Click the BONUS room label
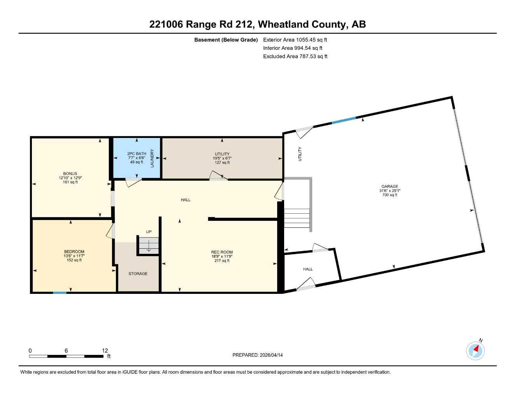tap(70, 174)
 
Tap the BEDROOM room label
tap(74, 252)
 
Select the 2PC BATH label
tap(136, 154)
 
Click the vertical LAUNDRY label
tap(152, 158)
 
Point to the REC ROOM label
tap(222, 252)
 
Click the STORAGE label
tap(138, 274)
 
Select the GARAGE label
tap(389, 187)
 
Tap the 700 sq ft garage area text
tap(389, 195)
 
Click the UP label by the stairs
tap(148, 232)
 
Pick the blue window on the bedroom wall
tap(59, 292)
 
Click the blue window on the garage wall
tap(344, 120)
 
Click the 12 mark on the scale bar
tap(105, 351)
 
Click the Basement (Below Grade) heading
tap(226, 40)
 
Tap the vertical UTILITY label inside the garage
tap(300, 154)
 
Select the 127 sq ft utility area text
tap(222, 162)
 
